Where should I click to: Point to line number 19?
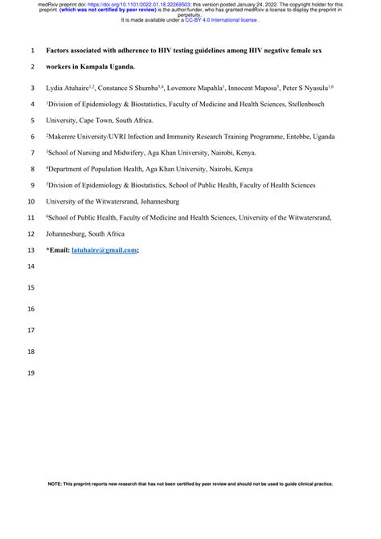pos(31,372)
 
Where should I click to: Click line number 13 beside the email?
pos(31,250)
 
